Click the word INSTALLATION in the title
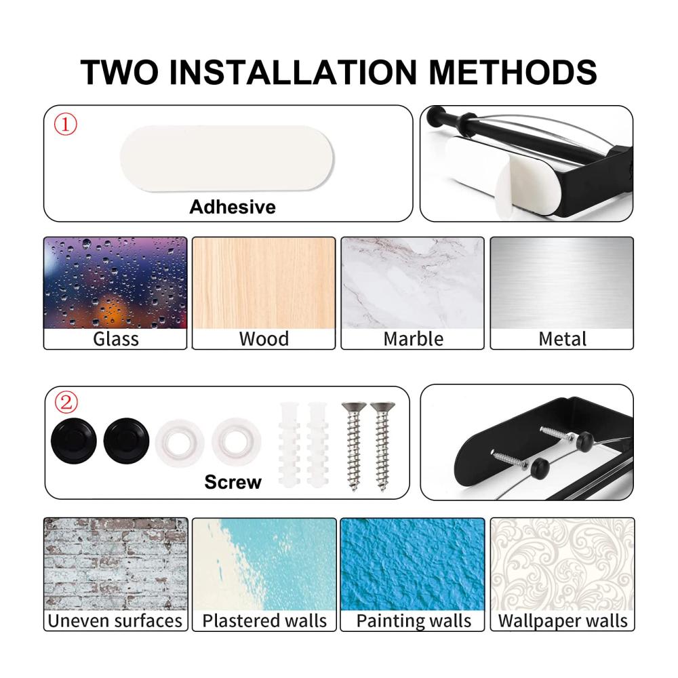click(x=293, y=72)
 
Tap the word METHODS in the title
click(x=513, y=72)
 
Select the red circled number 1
click(x=65, y=125)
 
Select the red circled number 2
click(x=66, y=403)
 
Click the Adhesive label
click(x=233, y=207)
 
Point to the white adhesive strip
click(x=227, y=158)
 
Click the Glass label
click(x=116, y=338)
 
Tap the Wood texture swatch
click(x=264, y=283)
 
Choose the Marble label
click(x=414, y=338)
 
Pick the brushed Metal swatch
click(x=561, y=283)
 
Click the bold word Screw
click(x=233, y=481)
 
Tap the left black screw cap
click(x=73, y=441)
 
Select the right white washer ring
click(x=236, y=442)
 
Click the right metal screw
click(x=382, y=446)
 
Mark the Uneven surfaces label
click(x=115, y=620)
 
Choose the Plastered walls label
click(x=264, y=620)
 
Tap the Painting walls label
click(x=414, y=621)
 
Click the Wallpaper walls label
click(x=563, y=621)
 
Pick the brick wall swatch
click(x=116, y=564)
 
